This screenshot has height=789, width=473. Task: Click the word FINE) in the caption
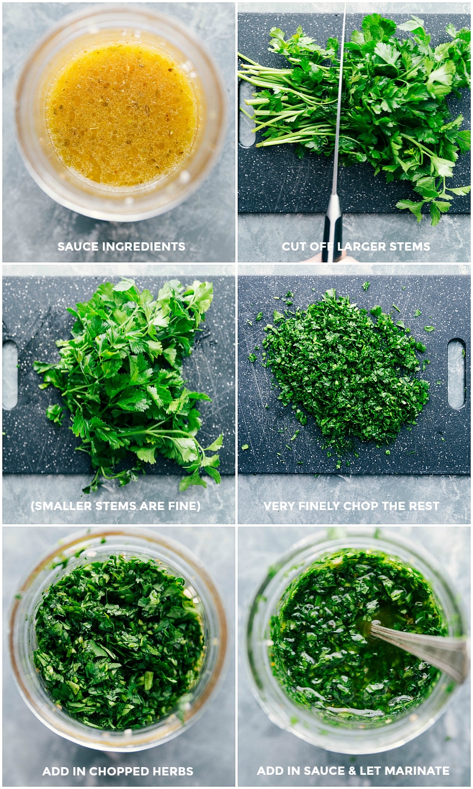pyautogui.click(x=183, y=506)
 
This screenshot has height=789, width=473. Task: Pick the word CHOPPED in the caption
pyautogui.click(x=118, y=771)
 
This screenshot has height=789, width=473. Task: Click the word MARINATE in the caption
pyautogui.click(x=419, y=771)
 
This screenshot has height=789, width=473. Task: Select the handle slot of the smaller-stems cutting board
pyautogui.click(x=10, y=375)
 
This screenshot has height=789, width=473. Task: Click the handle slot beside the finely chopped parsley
pyautogui.click(x=456, y=374)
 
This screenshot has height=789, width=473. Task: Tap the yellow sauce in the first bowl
pyautogui.click(x=121, y=112)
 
